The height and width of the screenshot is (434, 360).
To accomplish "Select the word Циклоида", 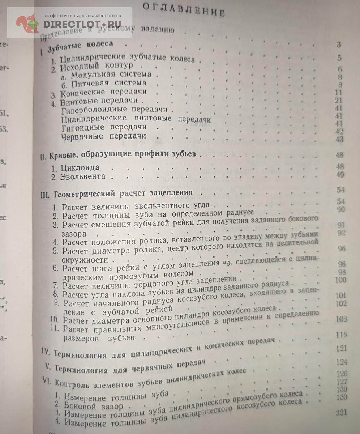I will [x=80, y=168].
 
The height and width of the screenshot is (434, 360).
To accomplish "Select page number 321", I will [x=341, y=413].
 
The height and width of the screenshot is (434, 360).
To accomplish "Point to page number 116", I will [x=341, y=335].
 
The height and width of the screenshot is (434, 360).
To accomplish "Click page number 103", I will [x=341, y=319].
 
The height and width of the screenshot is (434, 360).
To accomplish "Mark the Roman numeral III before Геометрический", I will [x=47, y=193].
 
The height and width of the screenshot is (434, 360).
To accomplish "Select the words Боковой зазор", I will [x=94, y=406].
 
